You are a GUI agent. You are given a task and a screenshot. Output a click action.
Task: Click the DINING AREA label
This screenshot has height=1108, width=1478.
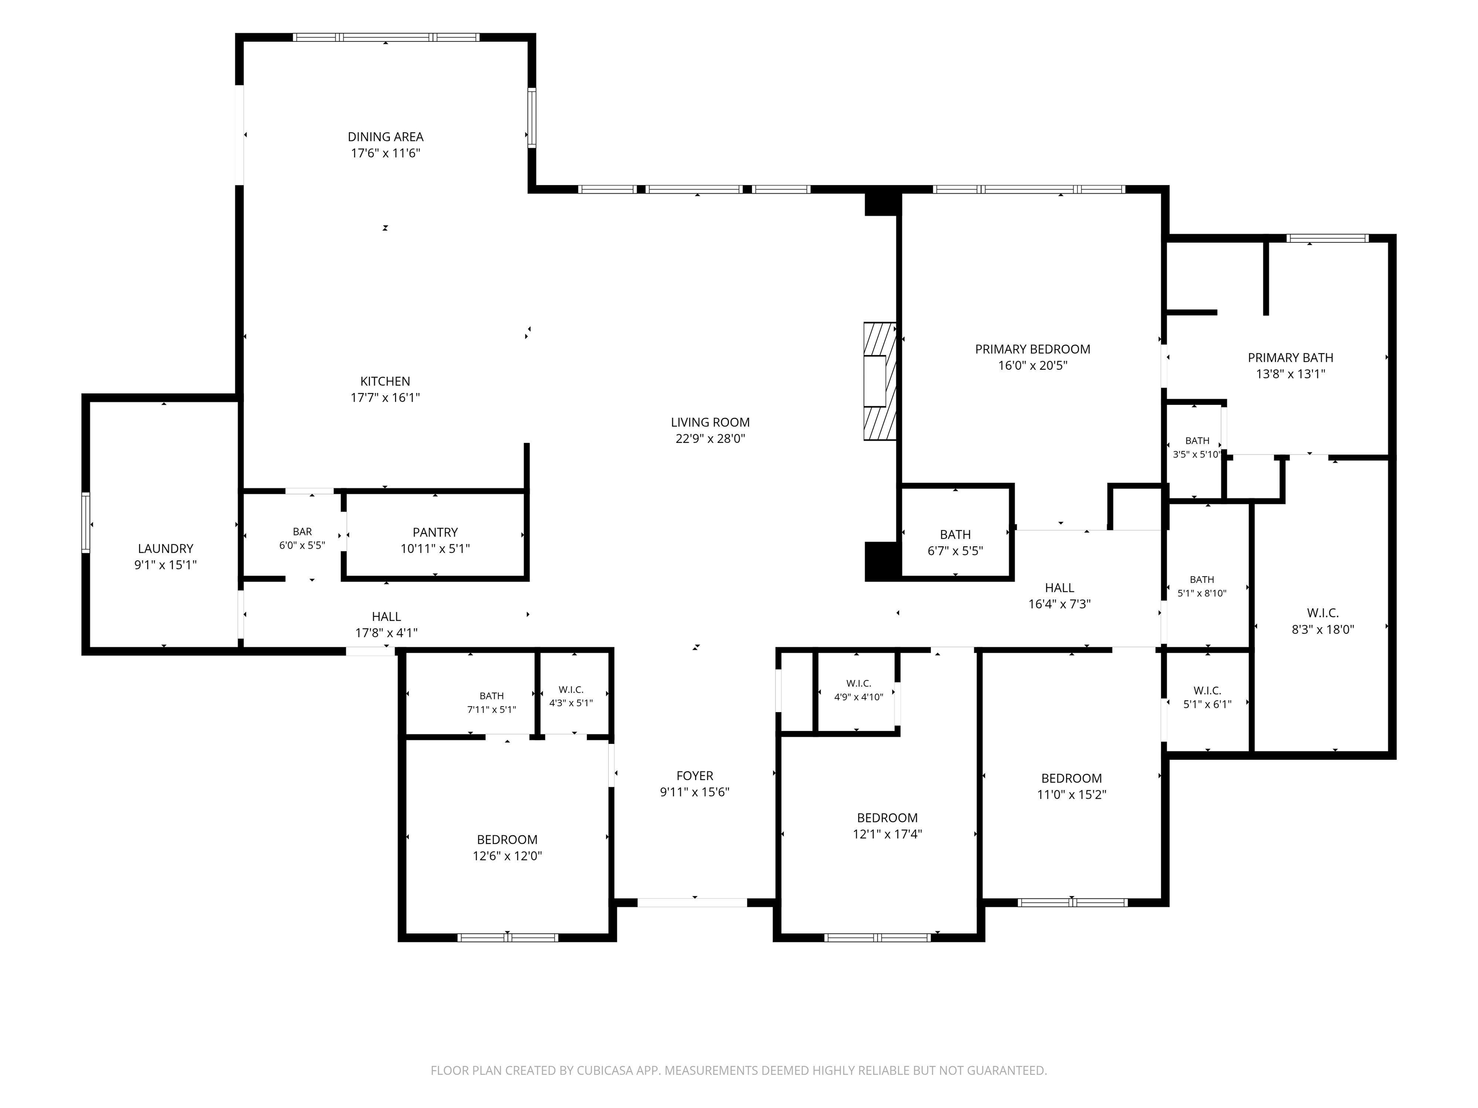click(x=385, y=137)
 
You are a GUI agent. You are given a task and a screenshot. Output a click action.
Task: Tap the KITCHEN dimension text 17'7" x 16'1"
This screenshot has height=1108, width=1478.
click(x=385, y=397)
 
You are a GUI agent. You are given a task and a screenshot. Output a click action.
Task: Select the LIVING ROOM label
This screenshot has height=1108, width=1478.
click(x=710, y=422)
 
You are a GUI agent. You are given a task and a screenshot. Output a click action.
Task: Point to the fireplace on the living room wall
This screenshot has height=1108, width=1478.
click(x=879, y=381)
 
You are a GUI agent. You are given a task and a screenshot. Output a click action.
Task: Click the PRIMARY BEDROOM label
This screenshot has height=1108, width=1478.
click(x=1032, y=349)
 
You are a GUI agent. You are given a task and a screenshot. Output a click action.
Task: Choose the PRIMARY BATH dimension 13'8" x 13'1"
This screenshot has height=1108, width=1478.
click(x=1290, y=374)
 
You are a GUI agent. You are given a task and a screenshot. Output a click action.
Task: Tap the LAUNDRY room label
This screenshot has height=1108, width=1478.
click(x=166, y=548)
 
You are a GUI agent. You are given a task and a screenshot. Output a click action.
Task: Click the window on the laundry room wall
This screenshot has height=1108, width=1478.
click(x=86, y=522)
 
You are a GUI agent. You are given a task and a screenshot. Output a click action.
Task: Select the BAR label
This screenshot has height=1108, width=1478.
click(x=302, y=531)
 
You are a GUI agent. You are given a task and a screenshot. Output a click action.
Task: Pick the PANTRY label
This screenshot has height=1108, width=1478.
click(x=435, y=532)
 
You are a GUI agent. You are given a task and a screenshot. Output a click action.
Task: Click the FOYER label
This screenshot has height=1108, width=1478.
click(x=695, y=775)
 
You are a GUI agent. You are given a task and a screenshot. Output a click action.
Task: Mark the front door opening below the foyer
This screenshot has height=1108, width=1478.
click(x=692, y=902)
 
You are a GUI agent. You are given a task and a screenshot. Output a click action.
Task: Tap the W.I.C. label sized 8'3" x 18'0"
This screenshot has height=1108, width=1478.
click(x=1323, y=613)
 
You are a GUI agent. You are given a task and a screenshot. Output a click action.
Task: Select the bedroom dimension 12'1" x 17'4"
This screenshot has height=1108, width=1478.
click(x=887, y=833)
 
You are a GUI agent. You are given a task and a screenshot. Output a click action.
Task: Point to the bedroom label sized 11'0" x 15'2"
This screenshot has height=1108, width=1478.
click(x=1072, y=778)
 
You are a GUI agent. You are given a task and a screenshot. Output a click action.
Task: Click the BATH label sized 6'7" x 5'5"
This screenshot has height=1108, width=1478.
click(x=956, y=534)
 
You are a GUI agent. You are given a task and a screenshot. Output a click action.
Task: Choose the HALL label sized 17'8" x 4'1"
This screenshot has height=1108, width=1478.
click(x=386, y=617)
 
